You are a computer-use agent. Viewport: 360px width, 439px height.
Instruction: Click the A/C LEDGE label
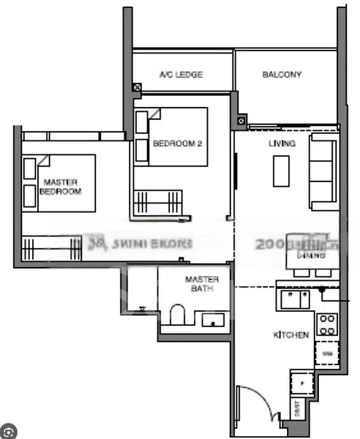(x=181, y=75)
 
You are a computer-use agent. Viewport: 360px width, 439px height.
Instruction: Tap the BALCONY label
(x=282, y=75)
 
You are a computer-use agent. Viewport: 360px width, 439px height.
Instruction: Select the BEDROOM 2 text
(x=176, y=144)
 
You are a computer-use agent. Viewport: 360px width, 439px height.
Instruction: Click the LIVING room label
(x=282, y=144)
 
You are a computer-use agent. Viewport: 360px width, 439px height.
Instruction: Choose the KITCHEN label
(x=290, y=335)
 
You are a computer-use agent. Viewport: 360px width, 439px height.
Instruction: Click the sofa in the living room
(x=323, y=172)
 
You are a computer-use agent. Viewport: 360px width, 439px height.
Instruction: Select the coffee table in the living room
(x=282, y=171)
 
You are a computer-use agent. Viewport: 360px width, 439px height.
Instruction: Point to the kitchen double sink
(x=295, y=299)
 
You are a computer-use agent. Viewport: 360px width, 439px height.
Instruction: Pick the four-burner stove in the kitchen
(x=326, y=323)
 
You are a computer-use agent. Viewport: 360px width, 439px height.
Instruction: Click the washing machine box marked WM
(x=326, y=354)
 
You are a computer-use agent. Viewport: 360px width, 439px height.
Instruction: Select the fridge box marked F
(x=301, y=382)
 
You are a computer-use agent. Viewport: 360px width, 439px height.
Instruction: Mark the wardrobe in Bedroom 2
(x=157, y=200)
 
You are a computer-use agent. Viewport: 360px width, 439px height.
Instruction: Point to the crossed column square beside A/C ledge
(x=137, y=87)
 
